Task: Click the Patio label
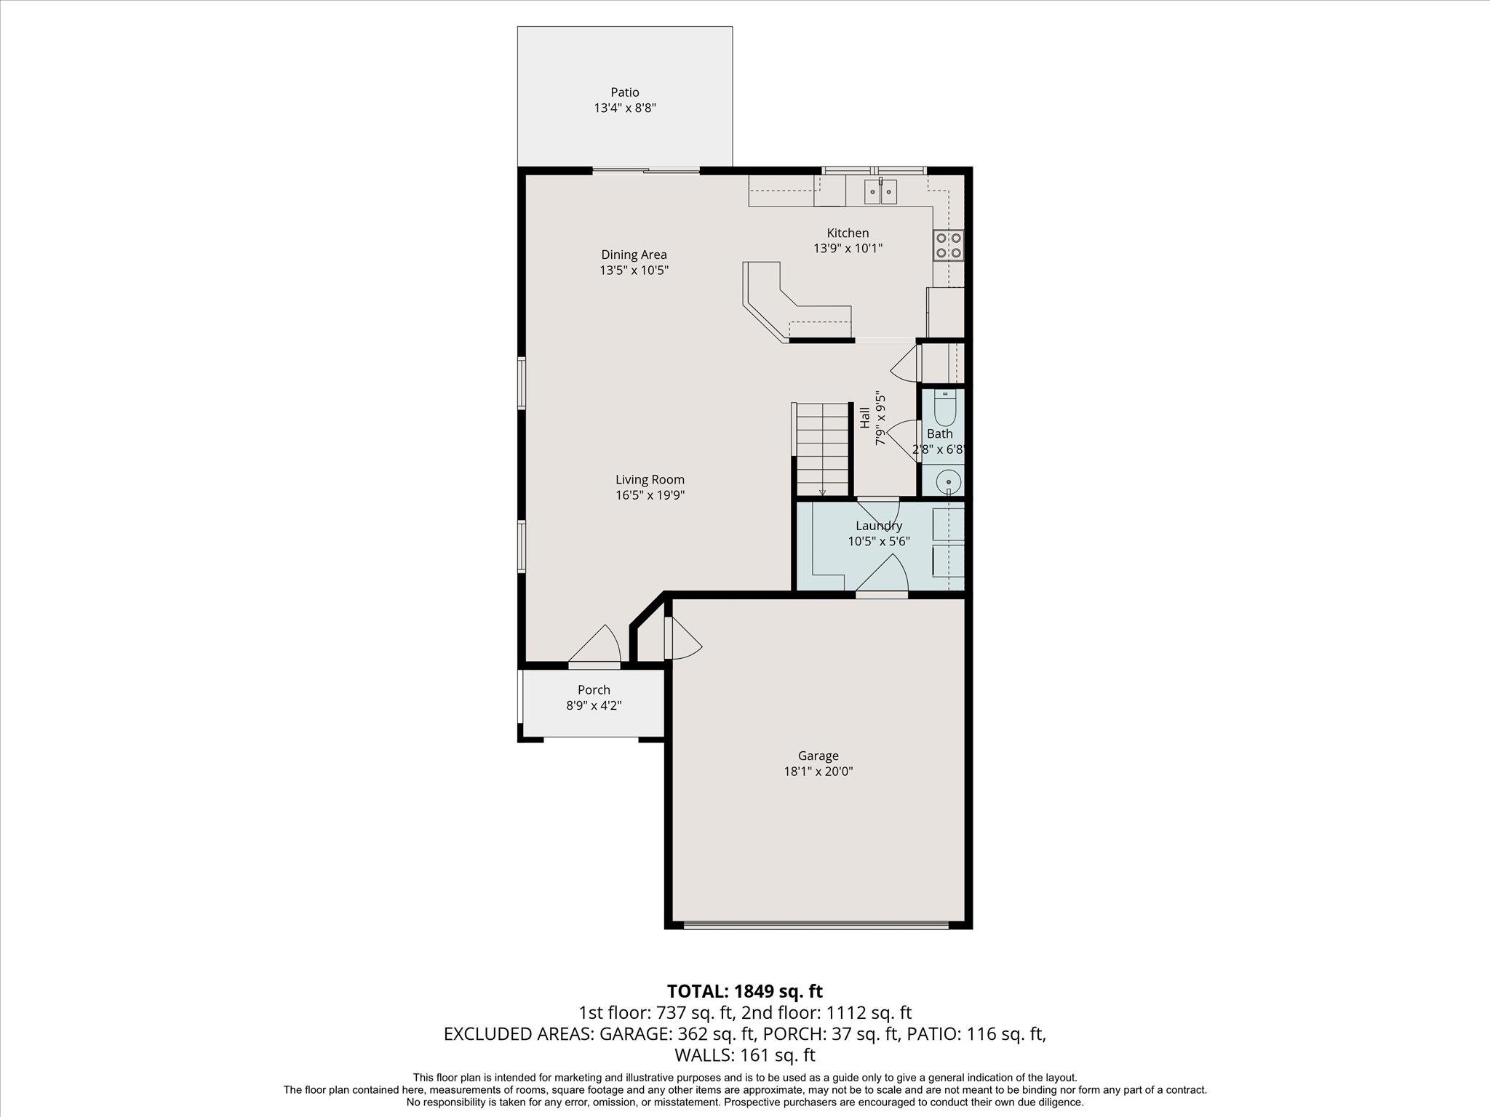coord(625,92)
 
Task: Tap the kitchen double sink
coord(880,192)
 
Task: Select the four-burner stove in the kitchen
coord(949,245)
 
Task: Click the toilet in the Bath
coord(944,409)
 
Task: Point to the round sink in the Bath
coord(948,481)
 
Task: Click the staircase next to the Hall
coord(822,449)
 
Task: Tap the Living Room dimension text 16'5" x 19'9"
coord(650,495)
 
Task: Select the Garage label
coord(818,756)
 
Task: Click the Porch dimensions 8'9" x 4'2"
coord(594,705)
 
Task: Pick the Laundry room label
coord(879,526)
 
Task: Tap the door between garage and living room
coord(681,638)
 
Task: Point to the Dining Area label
coord(634,255)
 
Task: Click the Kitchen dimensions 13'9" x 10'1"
coord(848,248)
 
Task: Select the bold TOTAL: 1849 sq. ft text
coord(744,990)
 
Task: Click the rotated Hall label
coord(865,417)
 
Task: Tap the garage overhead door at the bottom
coord(816,926)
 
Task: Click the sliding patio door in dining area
coord(646,171)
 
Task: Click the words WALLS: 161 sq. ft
coord(744,1054)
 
